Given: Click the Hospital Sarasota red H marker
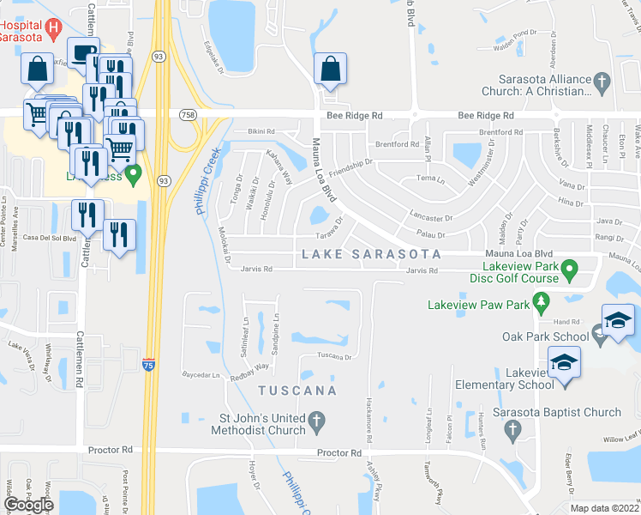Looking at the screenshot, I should point(54,27).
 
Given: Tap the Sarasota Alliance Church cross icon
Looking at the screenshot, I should point(602,83).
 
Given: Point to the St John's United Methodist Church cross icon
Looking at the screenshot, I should point(316,421).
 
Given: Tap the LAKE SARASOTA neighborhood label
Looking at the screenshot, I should point(370,255).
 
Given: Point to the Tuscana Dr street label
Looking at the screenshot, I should point(335,355).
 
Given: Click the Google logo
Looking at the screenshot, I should point(29,505).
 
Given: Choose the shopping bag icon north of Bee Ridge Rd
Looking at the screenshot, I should point(329,69).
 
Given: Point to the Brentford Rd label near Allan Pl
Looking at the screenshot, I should point(397,144).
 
